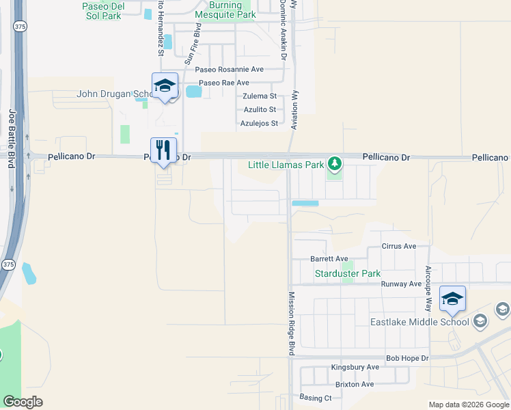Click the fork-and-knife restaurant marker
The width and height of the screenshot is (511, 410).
(x=163, y=150)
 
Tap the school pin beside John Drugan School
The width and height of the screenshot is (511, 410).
(x=165, y=85)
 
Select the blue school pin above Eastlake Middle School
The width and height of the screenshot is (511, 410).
(x=452, y=299)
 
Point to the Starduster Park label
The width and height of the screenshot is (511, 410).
(x=347, y=274)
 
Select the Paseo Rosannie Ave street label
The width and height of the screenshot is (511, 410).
(x=229, y=70)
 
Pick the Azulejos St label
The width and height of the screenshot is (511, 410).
(x=259, y=124)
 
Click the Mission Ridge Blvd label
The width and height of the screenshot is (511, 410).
(x=290, y=324)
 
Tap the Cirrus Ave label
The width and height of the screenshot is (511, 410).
(x=399, y=246)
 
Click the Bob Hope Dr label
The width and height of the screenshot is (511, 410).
(x=407, y=358)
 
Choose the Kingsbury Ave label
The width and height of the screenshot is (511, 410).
(x=355, y=368)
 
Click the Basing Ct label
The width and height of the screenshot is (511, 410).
(x=315, y=398)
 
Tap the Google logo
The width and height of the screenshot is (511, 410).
(x=23, y=402)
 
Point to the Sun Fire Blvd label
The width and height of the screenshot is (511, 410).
(x=191, y=45)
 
